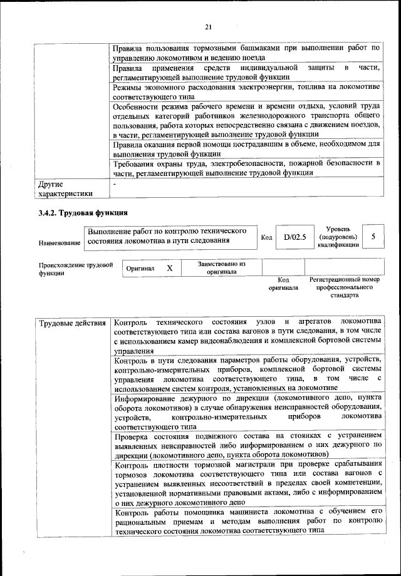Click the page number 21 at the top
click(209, 26)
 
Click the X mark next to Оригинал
click(169, 268)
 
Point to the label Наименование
click(60, 242)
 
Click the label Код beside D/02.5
click(266, 237)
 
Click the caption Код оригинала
click(283, 284)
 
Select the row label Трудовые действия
click(72, 323)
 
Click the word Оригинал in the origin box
click(140, 269)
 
